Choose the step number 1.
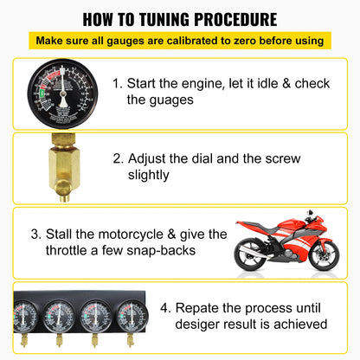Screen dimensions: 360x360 (x=116, y=84)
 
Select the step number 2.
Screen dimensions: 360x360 (x=116, y=159)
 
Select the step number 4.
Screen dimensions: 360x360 (x=177, y=307)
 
